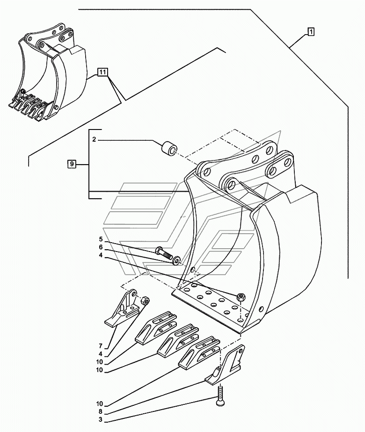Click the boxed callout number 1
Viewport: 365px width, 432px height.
(x=310, y=32)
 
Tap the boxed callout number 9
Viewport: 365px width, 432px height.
(x=72, y=164)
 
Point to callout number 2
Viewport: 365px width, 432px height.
(x=94, y=140)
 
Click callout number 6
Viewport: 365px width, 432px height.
(x=101, y=247)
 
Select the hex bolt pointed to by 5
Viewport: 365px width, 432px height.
(x=164, y=252)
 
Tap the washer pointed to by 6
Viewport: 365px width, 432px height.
(x=176, y=260)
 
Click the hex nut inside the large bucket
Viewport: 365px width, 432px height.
(x=241, y=297)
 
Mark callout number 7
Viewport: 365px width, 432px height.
(x=101, y=346)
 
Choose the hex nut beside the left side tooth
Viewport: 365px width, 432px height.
(x=145, y=301)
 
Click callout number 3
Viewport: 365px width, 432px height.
(x=100, y=420)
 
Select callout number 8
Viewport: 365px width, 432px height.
(x=100, y=412)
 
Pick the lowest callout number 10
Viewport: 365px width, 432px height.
(x=100, y=404)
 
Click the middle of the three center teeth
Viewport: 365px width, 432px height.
(x=178, y=340)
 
